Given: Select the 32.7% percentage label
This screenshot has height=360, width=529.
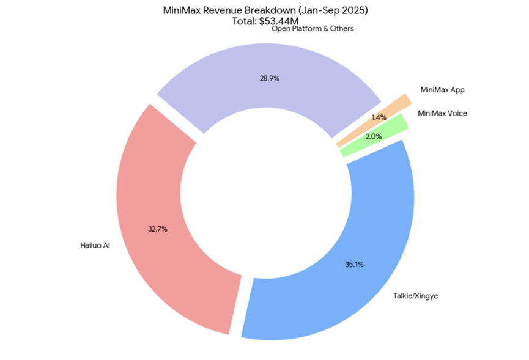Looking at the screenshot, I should pyautogui.click(x=158, y=229).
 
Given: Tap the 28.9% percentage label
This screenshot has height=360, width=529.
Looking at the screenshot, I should pyautogui.click(x=265, y=78).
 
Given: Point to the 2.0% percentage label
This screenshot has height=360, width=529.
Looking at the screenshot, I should pyautogui.click(x=373, y=136).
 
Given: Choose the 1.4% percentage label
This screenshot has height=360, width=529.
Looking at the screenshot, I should pyautogui.click(x=379, y=117).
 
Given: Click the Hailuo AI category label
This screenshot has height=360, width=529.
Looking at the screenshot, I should pyautogui.click(x=95, y=246).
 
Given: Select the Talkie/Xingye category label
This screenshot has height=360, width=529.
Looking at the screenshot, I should pyautogui.click(x=416, y=296).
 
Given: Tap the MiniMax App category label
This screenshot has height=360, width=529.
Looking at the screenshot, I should pyautogui.click(x=443, y=90).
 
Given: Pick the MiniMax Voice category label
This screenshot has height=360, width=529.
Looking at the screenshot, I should pyautogui.click(x=442, y=113).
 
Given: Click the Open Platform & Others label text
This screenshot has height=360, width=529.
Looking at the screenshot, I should pyautogui.click(x=313, y=29).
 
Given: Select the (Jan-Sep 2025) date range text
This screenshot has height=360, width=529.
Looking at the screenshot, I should pyautogui.click(x=328, y=10).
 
